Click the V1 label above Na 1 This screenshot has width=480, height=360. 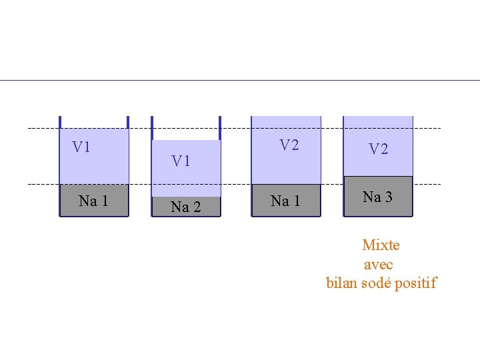[81, 147]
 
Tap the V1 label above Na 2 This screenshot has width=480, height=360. [181, 161]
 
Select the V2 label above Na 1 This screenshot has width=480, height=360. [289, 145]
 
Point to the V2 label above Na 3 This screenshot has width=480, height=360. [379, 149]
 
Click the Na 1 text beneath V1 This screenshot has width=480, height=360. [93, 201]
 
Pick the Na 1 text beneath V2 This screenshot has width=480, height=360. [285, 201]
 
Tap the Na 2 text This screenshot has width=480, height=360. [186, 207]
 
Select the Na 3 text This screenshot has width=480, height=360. [377, 197]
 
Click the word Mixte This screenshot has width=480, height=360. [381, 245]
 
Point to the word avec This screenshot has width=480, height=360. [379, 265]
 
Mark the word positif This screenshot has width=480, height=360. [416, 283]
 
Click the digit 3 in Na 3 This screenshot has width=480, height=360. [389, 197]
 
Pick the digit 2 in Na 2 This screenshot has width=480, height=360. [197, 207]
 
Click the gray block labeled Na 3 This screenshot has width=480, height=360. [379, 196]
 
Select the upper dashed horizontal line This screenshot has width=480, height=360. [234, 128]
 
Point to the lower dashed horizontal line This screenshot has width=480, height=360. [234, 184]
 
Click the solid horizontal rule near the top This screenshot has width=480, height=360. [240, 81]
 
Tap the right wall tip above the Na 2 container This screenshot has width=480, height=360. [220, 117]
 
